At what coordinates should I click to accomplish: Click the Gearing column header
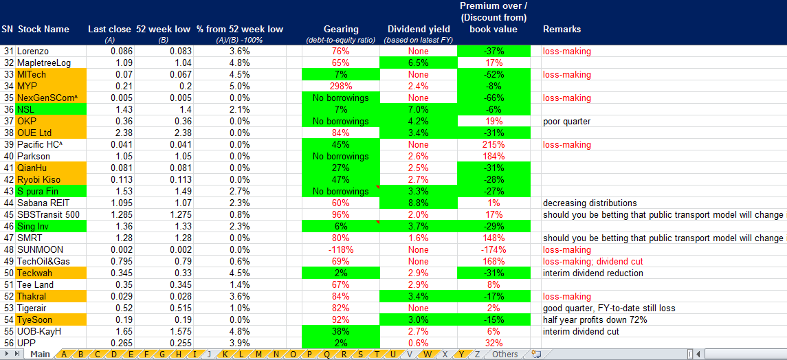(x=341, y=30)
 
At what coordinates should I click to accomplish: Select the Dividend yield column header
(x=419, y=30)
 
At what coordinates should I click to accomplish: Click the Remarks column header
(x=562, y=30)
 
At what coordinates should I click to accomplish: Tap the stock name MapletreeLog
(x=44, y=63)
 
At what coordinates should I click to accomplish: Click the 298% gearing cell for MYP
(x=341, y=86)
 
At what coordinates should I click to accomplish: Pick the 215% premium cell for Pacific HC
(x=493, y=144)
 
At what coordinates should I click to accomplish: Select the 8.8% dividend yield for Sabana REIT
(x=419, y=203)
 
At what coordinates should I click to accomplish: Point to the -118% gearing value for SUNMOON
(x=341, y=249)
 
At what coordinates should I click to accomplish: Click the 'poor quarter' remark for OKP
(x=566, y=121)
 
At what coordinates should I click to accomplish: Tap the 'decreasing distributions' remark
(x=588, y=203)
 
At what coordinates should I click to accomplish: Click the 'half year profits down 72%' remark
(x=597, y=319)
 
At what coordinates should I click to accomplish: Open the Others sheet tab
(x=505, y=355)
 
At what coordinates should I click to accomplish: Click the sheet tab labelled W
(x=427, y=355)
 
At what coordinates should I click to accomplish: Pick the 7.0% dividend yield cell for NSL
(x=419, y=109)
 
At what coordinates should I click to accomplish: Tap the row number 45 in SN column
(x=8, y=214)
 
